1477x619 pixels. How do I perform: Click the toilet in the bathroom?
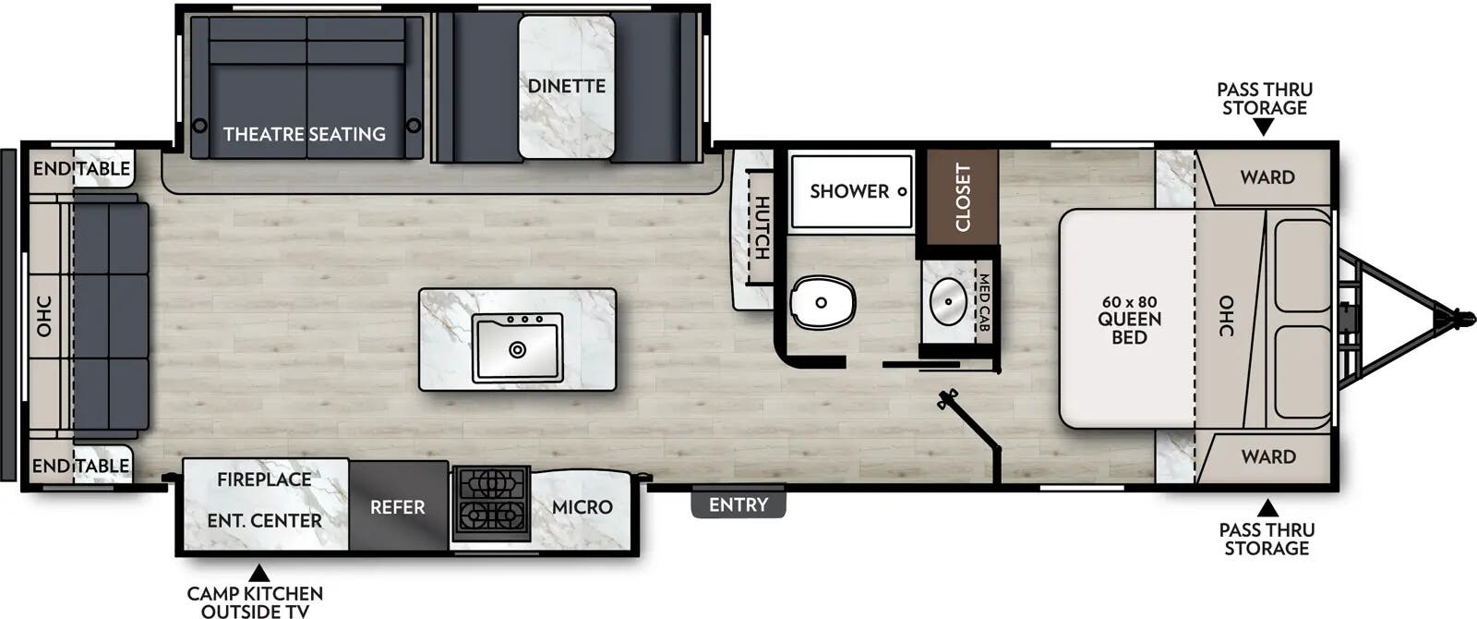822,302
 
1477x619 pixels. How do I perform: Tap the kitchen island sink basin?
517,348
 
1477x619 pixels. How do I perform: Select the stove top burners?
490,500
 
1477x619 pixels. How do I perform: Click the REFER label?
398,507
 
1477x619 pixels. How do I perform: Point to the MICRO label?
582,507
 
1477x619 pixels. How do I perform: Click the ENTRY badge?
738,504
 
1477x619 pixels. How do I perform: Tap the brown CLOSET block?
963,196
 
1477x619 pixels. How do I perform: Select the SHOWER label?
849,191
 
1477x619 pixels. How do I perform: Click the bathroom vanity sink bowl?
947,299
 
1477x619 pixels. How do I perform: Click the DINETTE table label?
566,86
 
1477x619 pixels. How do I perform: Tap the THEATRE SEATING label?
305,134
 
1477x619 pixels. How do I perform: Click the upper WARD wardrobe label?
1267,176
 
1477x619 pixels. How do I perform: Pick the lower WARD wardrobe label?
1267,456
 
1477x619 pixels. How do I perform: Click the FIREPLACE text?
264,479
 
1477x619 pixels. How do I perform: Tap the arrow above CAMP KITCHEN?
259,573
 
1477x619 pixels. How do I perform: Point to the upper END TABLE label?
81,168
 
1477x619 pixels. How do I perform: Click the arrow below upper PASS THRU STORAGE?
1264,127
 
